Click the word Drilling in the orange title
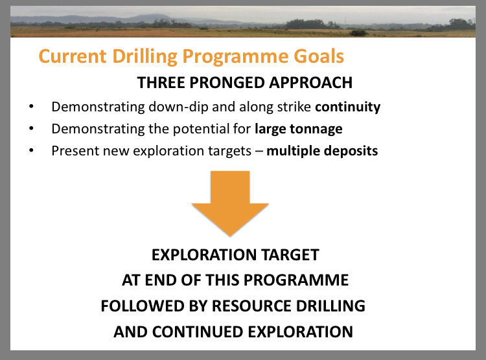(145, 57)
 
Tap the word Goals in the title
(319, 56)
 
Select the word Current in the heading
(73, 56)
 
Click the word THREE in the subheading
(160, 82)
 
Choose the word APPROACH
(310, 82)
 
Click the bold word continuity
(347, 107)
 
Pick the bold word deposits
(351, 152)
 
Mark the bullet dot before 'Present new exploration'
(31, 151)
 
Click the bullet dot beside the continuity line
(31, 107)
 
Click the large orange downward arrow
(230, 203)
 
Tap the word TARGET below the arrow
(290, 255)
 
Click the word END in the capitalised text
(160, 280)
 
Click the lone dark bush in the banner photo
(358, 32)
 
